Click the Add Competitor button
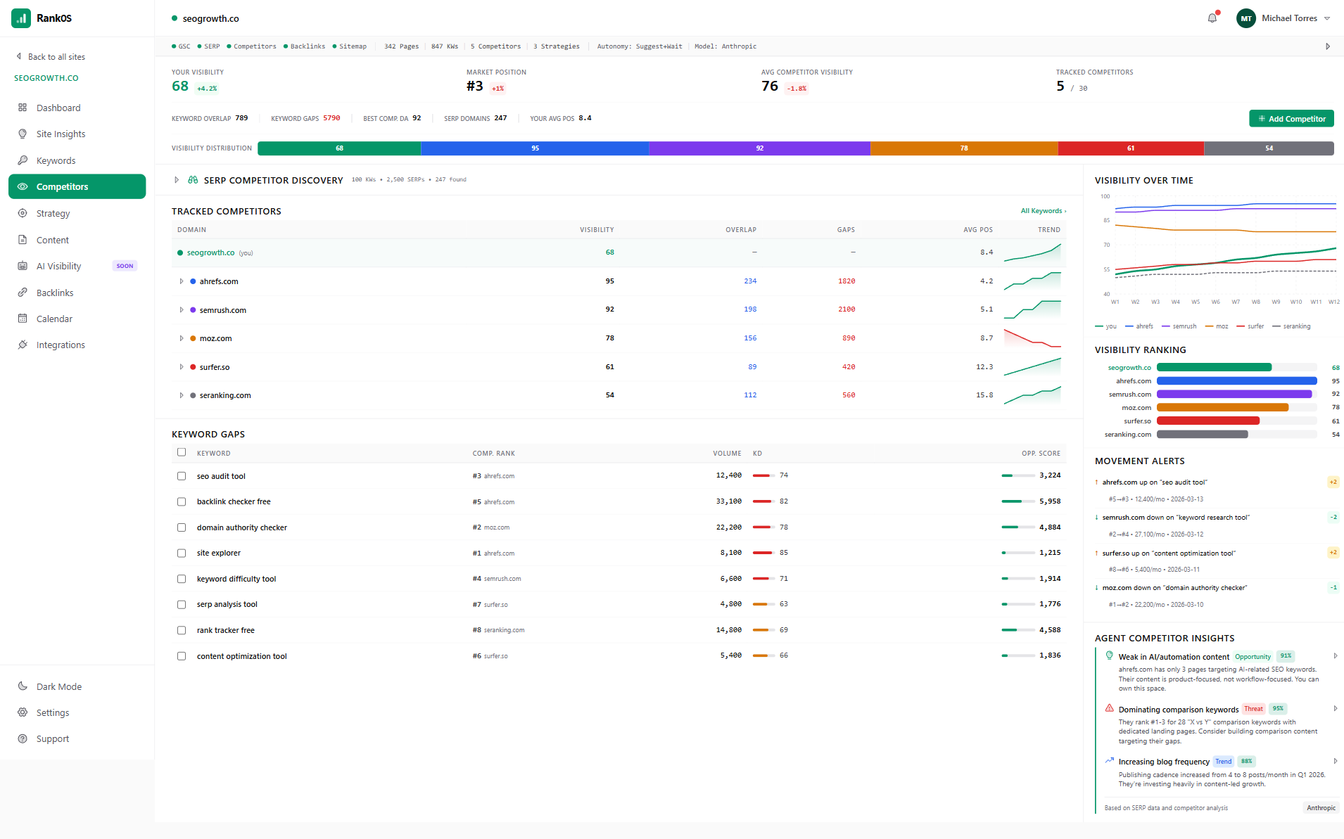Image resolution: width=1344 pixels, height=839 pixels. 1291,119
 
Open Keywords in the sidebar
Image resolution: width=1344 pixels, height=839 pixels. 56,160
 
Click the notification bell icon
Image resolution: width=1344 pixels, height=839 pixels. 1212,18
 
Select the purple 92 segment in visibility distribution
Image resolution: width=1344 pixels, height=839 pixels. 759,148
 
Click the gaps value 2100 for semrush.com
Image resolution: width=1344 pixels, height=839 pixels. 846,309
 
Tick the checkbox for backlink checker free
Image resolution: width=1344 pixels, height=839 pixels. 182,502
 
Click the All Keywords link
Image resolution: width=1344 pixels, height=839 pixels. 1043,211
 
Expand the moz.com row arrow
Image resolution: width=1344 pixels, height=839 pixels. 182,338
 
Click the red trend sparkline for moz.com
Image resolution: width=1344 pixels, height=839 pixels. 1032,338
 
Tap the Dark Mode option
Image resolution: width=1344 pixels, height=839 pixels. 58,686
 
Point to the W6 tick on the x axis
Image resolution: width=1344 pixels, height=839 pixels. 1215,302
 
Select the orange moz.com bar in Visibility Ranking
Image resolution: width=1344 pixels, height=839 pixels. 1222,407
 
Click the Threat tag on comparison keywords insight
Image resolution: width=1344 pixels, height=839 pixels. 1253,709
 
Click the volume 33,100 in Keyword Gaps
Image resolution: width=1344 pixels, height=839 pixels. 728,501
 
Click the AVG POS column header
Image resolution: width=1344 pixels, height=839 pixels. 977,230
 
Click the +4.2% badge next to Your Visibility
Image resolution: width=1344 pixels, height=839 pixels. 207,89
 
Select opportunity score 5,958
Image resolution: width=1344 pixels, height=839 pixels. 1049,501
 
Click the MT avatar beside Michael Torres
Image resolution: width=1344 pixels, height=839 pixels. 1245,18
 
